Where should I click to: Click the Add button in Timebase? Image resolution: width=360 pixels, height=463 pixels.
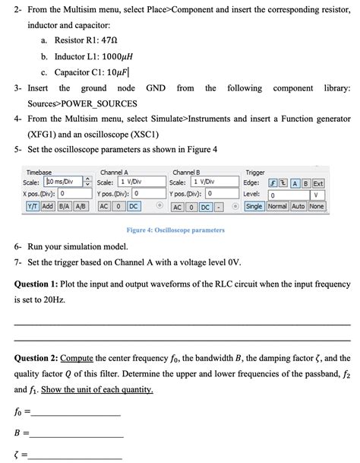click(x=46, y=206)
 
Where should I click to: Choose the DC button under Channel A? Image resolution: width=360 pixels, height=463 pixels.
click(x=134, y=206)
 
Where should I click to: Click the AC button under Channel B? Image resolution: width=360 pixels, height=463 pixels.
click(x=177, y=207)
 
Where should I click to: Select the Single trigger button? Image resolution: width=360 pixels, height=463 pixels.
click(x=254, y=206)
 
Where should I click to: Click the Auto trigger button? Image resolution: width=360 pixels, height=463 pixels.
click(x=297, y=206)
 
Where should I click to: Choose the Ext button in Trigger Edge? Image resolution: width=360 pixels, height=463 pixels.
click(x=318, y=182)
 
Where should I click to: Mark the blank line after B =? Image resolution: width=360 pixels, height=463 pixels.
click(x=76, y=436)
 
